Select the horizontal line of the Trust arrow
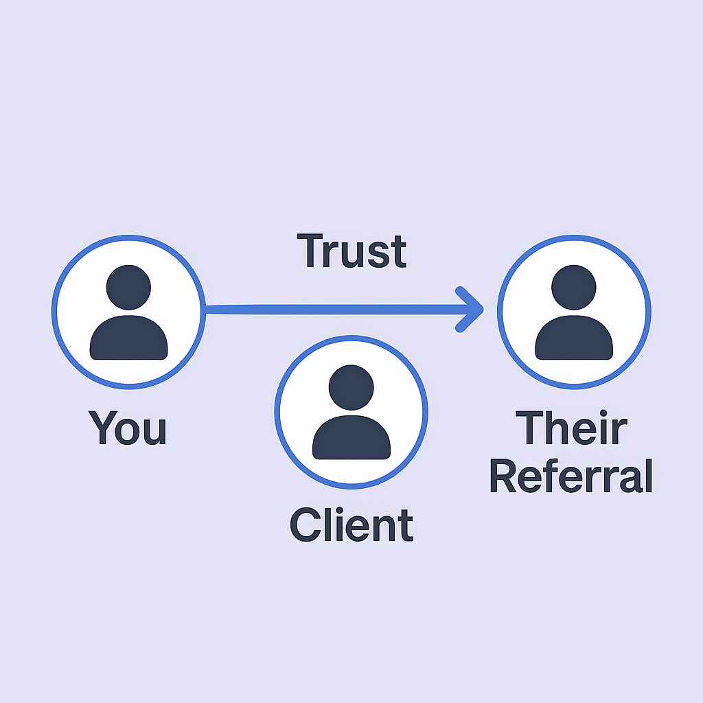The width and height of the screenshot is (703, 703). (x=330, y=310)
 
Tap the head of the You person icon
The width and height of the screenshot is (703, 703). (x=128, y=288)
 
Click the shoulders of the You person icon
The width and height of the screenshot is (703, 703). (x=128, y=339)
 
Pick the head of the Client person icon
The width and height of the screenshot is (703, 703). (x=351, y=388)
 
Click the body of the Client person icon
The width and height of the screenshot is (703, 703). (x=351, y=439)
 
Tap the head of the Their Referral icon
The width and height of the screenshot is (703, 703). (x=574, y=288)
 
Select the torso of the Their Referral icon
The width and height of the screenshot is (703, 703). (x=574, y=339)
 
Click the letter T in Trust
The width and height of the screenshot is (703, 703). (x=310, y=251)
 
